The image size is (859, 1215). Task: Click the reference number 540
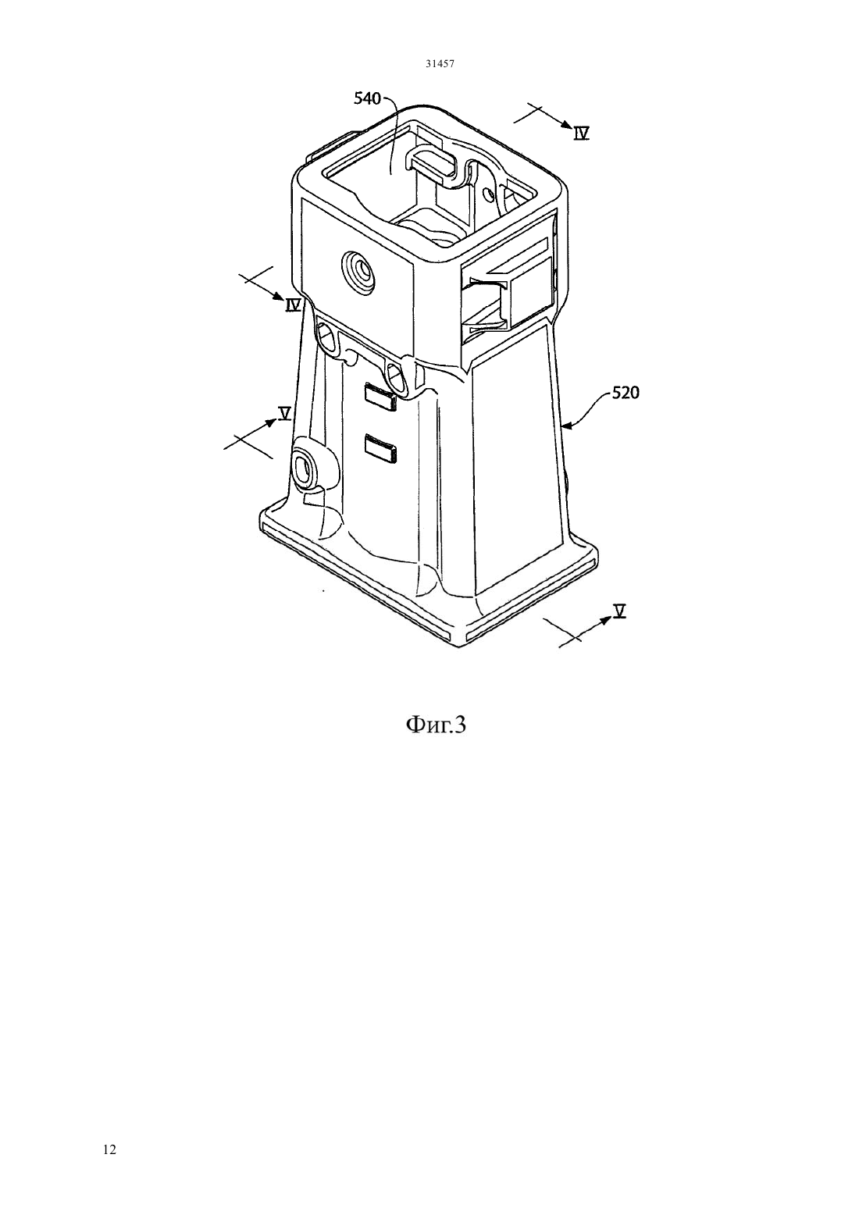click(367, 98)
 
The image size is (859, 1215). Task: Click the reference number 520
click(626, 393)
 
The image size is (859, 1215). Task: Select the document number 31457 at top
click(440, 63)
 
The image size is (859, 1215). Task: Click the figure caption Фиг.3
click(436, 725)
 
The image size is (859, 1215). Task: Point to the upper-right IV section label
click(582, 134)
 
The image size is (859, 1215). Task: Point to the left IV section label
click(294, 305)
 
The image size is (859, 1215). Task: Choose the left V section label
click(284, 413)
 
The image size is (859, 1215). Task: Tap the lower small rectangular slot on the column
click(381, 449)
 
